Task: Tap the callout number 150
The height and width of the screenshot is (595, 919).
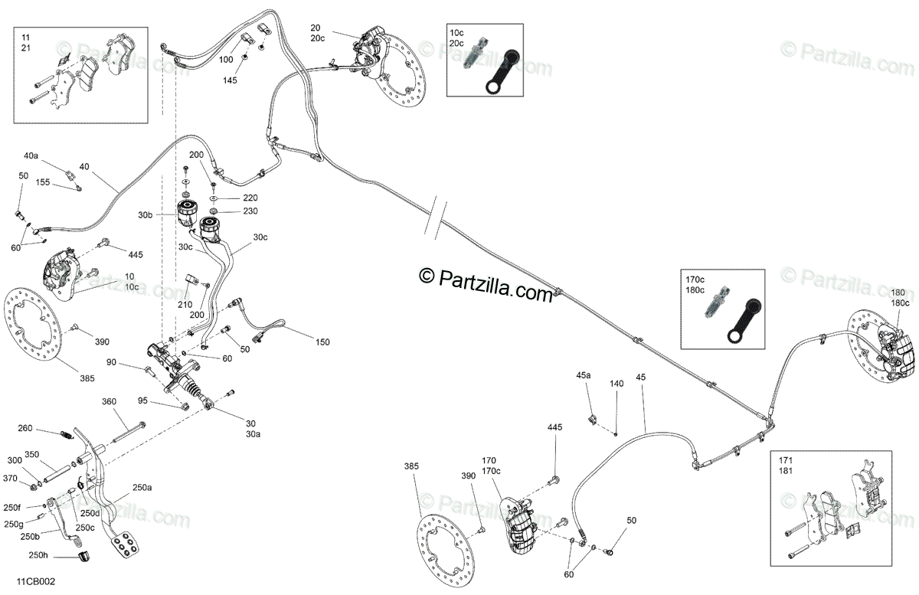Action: [x=322, y=342]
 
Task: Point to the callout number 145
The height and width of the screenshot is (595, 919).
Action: [x=231, y=80]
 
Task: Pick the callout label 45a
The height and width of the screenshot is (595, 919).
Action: [x=584, y=375]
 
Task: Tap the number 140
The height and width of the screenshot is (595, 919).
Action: [x=616, y=383]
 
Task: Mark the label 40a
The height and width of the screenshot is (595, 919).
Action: [x=31, y=155]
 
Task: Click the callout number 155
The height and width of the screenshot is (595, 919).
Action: [x=43, y=182]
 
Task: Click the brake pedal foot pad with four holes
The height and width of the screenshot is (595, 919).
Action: [x=125, y=546]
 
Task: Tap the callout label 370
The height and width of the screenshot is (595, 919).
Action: [x=10, y=479]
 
